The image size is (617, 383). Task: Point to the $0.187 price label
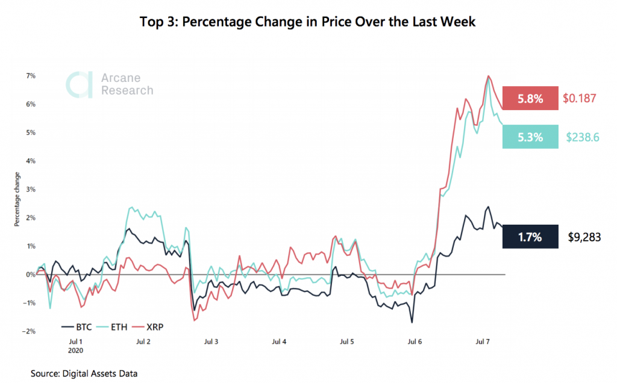(580, 98)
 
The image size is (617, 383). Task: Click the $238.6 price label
(582, 137)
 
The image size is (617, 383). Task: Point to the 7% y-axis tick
(30, 76)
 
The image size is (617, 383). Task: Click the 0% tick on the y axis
(30, 275)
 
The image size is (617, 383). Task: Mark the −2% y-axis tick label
(28, 331)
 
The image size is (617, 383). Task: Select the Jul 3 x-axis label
(211, 341)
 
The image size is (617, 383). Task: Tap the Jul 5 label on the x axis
(347, 341)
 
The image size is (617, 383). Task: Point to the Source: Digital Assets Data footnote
(84, 374)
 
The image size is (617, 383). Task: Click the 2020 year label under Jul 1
(75, 349)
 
